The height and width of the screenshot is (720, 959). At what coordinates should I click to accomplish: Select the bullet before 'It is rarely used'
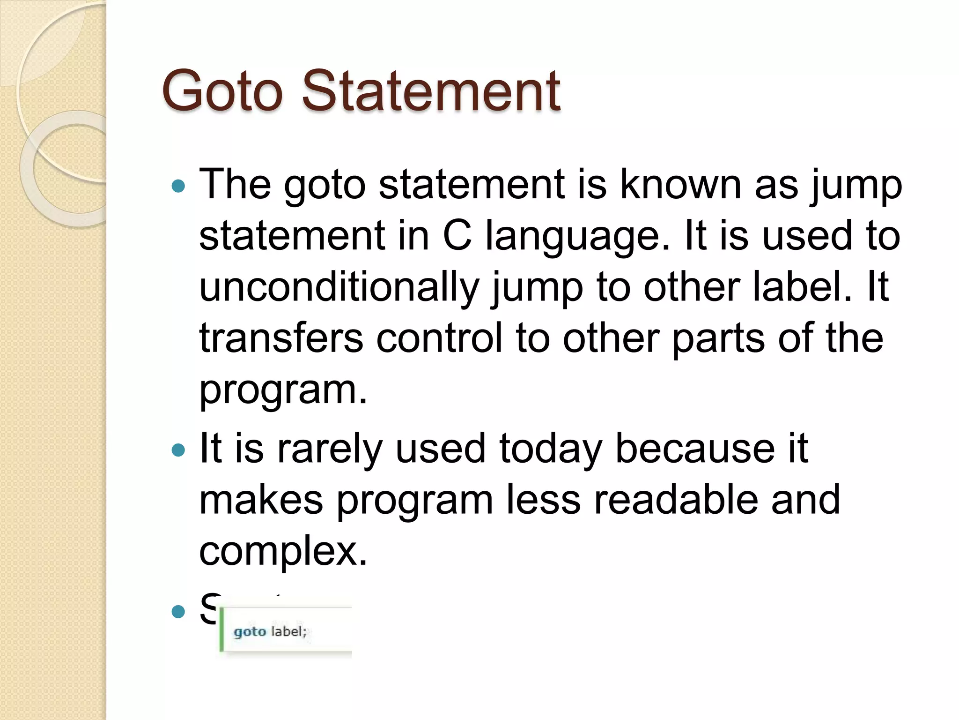click(x=178, y=450)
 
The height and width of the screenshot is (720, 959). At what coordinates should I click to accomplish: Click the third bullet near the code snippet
click(x=178, y=611)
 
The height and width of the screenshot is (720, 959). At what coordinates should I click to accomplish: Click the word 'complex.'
click(x=283, y=551)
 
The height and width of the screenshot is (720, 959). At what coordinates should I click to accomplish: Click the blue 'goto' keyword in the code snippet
click(x=250, y=632)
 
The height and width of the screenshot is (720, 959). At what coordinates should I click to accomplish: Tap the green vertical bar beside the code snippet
click(x=221, y=629)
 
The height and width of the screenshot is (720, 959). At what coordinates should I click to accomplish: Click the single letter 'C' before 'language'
click(x=457, y=236)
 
